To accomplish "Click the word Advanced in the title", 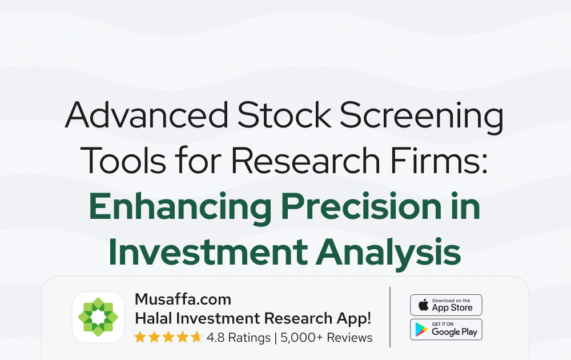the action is click(147, 114).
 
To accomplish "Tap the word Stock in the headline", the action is click(284, 114).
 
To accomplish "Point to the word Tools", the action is click(123, 161).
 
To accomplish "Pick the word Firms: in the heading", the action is click(439, 161).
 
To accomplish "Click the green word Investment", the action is click(208, 252).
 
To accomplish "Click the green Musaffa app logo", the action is click(98, 317).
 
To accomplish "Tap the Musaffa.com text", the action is click(183, 299).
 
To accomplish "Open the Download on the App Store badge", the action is click(446, 305).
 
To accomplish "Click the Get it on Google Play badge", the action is click(446, 329).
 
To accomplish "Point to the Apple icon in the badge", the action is click(423, 305).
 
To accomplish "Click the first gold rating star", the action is click(140, 337).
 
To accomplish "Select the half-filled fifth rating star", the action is click(196, 337).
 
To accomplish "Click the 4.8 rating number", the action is click(216, 338).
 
